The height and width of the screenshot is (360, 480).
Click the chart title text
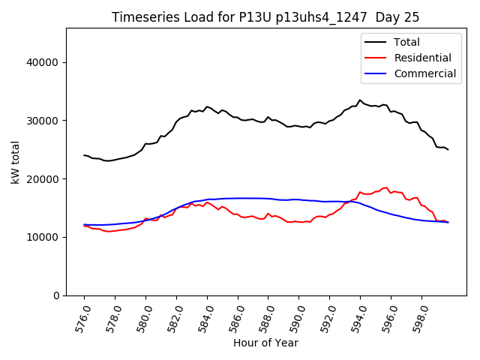(x=265, y=17)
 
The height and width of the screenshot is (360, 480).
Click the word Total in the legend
(x=407, y=42)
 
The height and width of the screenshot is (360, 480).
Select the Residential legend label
(x=423, y=58)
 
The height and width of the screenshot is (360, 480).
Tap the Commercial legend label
(x=425, y=73)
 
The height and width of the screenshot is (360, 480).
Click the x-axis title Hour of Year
(x=265, y=343)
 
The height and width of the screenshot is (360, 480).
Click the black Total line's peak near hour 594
(x=360, y=100)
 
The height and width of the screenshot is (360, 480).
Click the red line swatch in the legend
(x=377, y=58)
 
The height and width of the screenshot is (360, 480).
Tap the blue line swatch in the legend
(x=377, y=73)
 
